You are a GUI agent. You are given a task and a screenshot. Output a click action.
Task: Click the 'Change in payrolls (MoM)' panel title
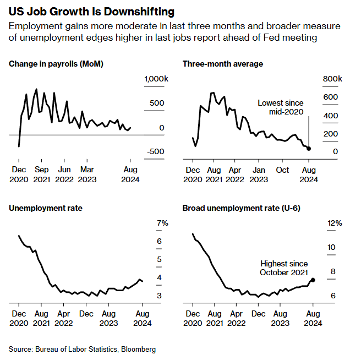point(56,64)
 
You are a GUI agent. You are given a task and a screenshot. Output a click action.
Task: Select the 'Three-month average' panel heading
point(223,64)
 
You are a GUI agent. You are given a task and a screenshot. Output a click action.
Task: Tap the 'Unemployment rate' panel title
point(45,208)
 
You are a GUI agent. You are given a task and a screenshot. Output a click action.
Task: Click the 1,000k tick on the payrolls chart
point(155,79)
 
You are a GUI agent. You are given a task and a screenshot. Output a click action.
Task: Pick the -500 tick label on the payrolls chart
point(155,152)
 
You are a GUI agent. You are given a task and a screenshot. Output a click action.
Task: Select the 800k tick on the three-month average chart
point(332,79)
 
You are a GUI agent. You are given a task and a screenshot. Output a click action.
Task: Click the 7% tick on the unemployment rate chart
point(162,223)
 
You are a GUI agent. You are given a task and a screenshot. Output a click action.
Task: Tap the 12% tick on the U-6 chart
point(335,223)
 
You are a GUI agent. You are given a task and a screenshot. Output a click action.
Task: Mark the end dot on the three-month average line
point(309,149)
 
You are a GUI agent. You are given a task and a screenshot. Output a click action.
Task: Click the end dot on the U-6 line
point(313,280)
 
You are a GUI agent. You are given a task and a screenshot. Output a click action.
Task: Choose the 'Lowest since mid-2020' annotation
point(281,107)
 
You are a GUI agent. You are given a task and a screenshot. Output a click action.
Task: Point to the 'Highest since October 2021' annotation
point(284,269)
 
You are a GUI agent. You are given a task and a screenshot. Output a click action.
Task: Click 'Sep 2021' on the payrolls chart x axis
point(41,174)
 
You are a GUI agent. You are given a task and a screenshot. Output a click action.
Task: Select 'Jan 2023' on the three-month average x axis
point(259,174)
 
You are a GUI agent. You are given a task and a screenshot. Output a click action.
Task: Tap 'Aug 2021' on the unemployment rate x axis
point(41,319)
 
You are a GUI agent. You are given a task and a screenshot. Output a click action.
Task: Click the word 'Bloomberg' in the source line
point(138,349)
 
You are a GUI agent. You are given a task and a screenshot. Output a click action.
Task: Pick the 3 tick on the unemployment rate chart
point(159,296)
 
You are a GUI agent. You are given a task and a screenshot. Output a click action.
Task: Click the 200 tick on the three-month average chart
point(331,134)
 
